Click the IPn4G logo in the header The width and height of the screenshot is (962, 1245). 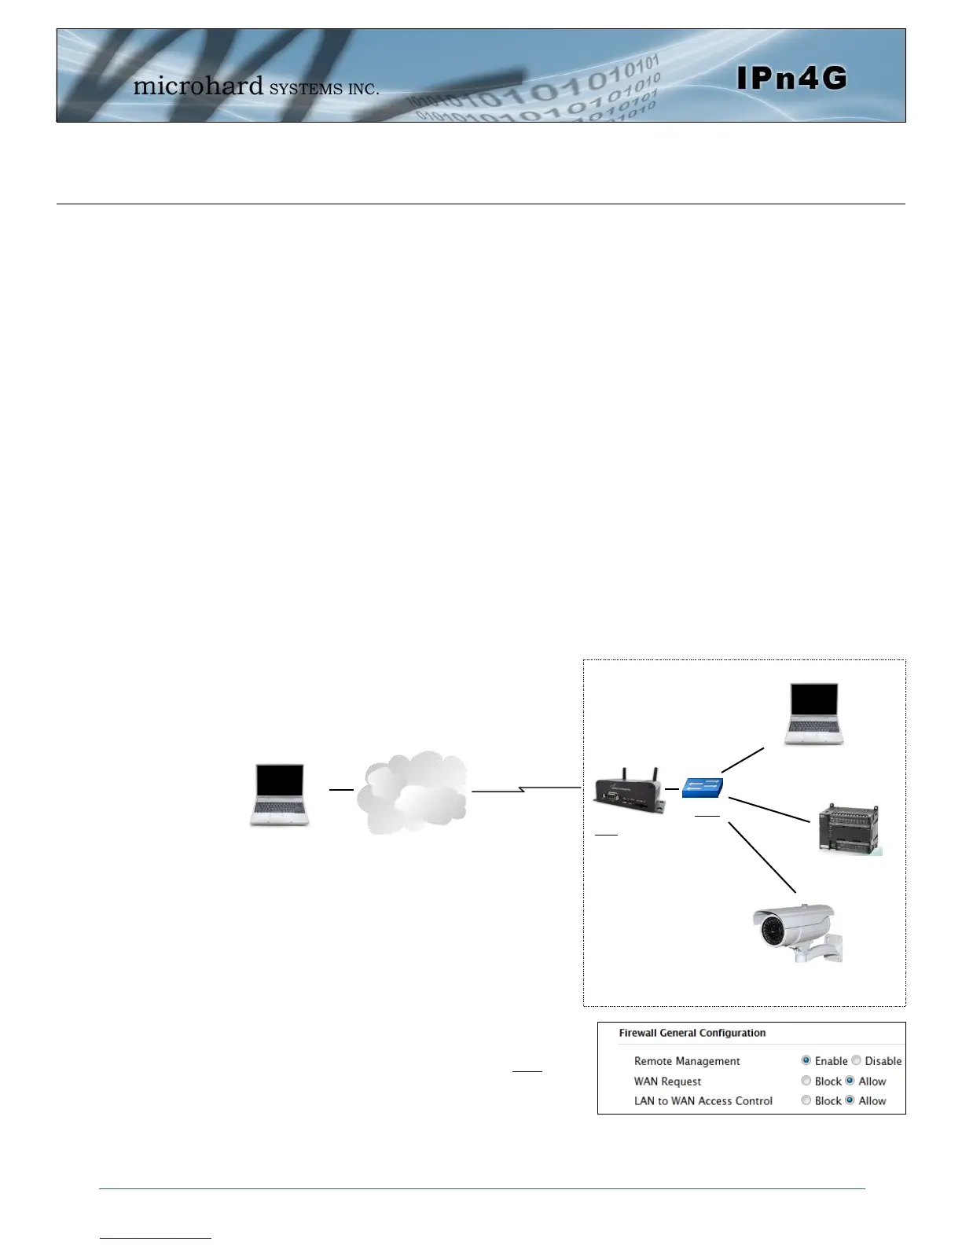coord(791,78)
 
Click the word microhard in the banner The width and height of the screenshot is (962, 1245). coord(198,85)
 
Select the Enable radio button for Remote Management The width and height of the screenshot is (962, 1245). coord(806,1060)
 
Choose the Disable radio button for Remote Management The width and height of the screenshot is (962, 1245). coord(857,1060)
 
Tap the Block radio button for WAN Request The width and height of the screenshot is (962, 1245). coord(806,1081)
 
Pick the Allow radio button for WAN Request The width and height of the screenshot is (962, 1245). coord(850,1081)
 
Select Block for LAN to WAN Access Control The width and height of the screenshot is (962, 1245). coord(806,1100)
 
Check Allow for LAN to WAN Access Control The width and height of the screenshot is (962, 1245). coord(850,1100)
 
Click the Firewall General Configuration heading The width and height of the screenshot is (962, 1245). coord(692,1033)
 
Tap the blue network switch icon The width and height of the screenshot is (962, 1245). coord(702,788)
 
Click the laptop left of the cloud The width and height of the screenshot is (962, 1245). coord(280,794)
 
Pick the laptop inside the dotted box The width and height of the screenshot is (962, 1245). coord(813,714)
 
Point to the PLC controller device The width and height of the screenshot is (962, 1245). coord(849,828)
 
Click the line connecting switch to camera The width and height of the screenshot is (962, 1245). coord(762,857)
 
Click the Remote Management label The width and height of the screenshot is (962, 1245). coord(687,1061)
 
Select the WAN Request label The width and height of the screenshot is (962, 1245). coord(667,1082)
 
